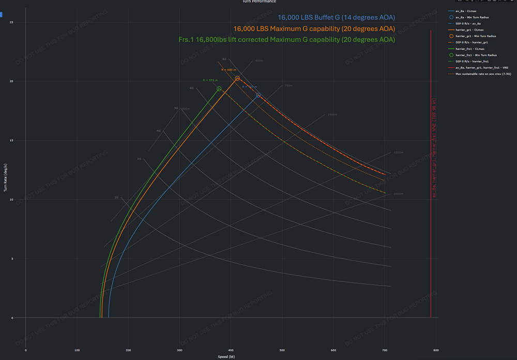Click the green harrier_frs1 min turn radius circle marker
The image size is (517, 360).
click(x=219, y=89)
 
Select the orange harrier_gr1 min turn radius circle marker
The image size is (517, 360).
click(x=237, y=79)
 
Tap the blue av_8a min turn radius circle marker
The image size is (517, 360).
click(x=258, y=95)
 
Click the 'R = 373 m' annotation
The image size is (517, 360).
click(x=210, y=80)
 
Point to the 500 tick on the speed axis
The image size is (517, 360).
click(x=282, y=350)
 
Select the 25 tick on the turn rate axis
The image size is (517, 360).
click(x=11, y=22)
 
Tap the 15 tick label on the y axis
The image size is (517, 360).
click(x=11, y=141)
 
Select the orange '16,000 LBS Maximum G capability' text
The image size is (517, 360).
click(x=314, y=28)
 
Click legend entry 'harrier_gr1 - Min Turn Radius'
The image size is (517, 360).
click(x=475, y=36)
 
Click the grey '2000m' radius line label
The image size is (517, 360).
click(x=398, y=193)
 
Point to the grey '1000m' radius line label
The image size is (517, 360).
click(x=332, y=114)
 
